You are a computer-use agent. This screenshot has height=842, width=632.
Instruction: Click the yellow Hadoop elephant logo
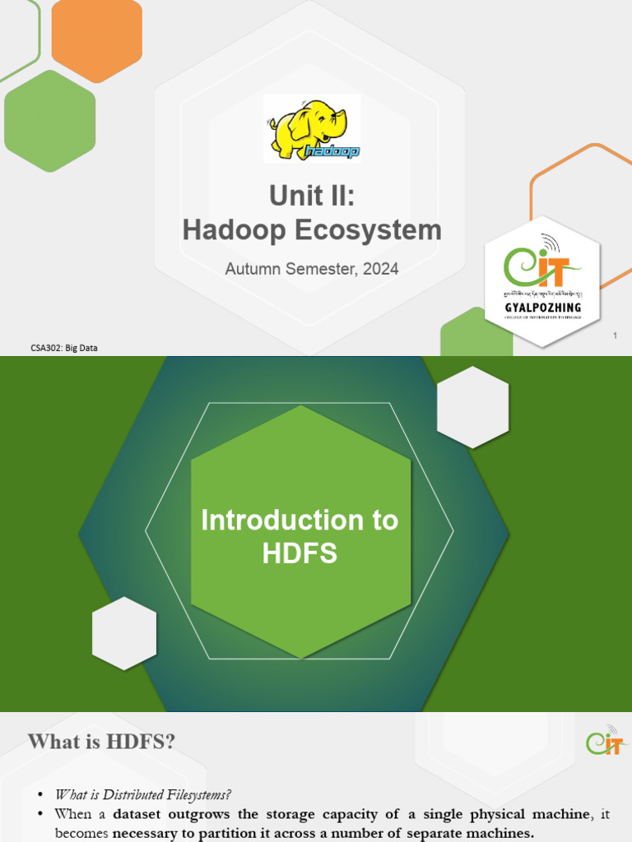(312, 128)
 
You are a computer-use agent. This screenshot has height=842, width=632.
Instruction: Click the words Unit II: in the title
(312, 196)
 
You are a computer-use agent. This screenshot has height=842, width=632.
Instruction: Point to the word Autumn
(252, 269)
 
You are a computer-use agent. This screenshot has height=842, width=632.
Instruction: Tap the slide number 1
(615, 335)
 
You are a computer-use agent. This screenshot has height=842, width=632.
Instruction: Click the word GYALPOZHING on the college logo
(543, 308)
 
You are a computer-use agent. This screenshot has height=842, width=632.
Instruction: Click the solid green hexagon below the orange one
(49, 120)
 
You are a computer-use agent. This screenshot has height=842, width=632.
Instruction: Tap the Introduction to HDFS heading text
(300, 536)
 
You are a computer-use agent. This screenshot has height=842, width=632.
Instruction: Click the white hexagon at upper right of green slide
(472, 407)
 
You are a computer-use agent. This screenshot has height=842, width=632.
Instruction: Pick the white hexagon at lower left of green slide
(124, 633)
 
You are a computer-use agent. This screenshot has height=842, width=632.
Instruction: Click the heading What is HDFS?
(101, 742)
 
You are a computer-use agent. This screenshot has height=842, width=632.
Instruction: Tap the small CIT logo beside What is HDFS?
(607, 741)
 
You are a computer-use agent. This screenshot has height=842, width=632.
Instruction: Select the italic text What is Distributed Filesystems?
(143, 795)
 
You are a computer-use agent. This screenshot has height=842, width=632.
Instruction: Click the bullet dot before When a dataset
(41, 814)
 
